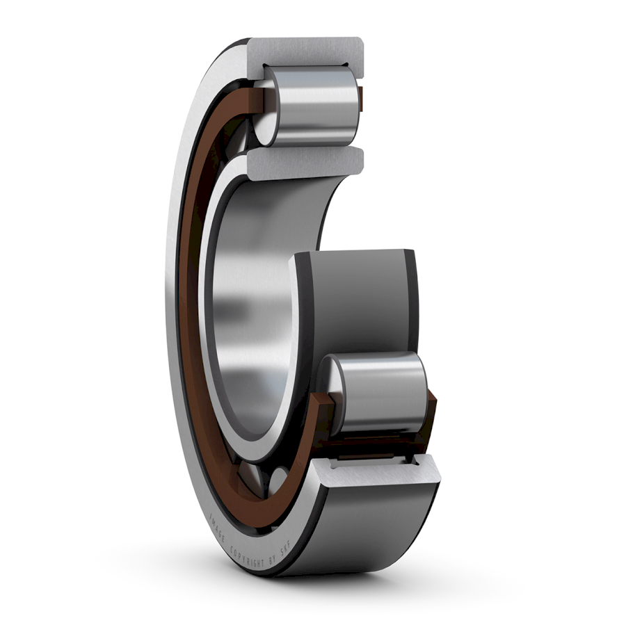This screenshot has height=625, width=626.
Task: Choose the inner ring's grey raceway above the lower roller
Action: tap(362, 306)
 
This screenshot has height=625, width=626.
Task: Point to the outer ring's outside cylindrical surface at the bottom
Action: tap(376, 535)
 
